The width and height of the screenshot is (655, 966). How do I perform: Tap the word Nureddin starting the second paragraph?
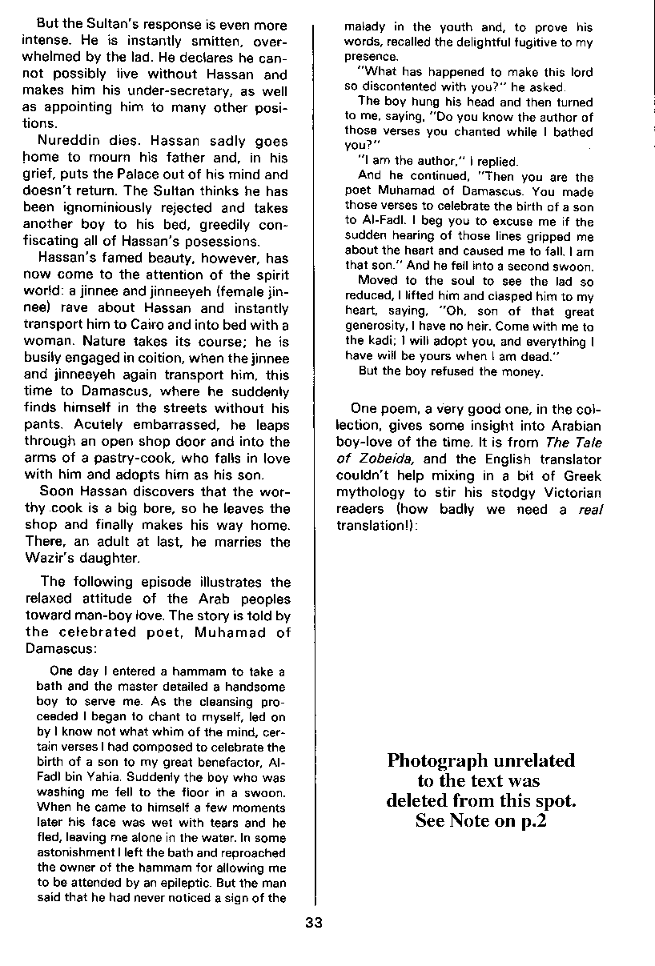(70, 142)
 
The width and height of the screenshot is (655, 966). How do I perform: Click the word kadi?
(380, 341)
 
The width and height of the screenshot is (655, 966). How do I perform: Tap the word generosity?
(376, 327)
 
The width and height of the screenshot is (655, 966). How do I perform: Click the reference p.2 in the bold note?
(527, 820)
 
